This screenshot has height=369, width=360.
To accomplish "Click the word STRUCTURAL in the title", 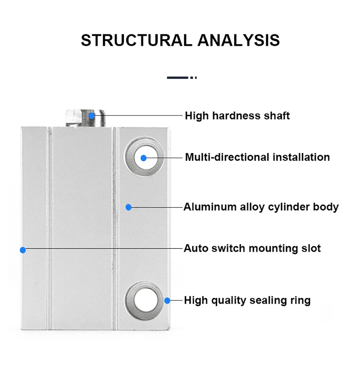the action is [136, 40].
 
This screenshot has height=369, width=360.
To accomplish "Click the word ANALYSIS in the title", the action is [239, 40].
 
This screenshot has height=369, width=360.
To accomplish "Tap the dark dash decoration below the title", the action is [182, 77].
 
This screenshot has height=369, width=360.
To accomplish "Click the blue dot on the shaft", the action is [91, 116].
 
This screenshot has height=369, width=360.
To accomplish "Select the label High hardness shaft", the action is [237, 116].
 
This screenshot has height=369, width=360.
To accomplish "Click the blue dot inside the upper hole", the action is [144, 158].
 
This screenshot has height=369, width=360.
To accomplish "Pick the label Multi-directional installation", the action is [257, 157].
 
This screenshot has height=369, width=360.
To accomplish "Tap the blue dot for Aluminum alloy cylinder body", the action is [129, 207].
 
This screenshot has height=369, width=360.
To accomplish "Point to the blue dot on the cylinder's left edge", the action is [23, 250].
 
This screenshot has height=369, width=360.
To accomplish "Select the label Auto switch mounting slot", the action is [252, 248].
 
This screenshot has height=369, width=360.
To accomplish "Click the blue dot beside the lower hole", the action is [167, 301].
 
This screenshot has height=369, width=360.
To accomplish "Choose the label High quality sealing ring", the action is [247, 301].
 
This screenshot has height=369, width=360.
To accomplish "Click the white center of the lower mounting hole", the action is [146, 301].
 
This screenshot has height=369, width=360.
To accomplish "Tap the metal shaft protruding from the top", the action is [85, 118].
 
